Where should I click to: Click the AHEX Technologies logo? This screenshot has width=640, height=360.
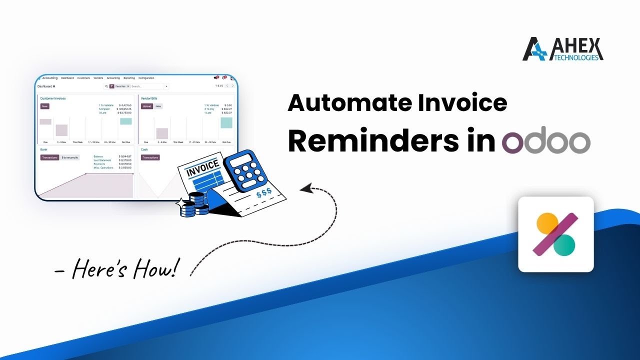562,49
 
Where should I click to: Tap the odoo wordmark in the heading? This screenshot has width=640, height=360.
546,142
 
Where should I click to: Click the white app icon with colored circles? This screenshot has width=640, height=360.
555,234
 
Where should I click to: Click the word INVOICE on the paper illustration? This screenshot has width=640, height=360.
202,168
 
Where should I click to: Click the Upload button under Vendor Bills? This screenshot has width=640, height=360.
146,106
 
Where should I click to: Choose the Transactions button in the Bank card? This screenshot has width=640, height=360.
50,157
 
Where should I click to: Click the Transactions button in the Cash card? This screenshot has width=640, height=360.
150,157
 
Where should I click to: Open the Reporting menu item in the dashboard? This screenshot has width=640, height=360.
129,78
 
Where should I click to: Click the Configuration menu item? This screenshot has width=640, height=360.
146,78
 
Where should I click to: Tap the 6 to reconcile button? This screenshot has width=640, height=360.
69,157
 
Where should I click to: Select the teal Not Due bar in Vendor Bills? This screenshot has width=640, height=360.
226,122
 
